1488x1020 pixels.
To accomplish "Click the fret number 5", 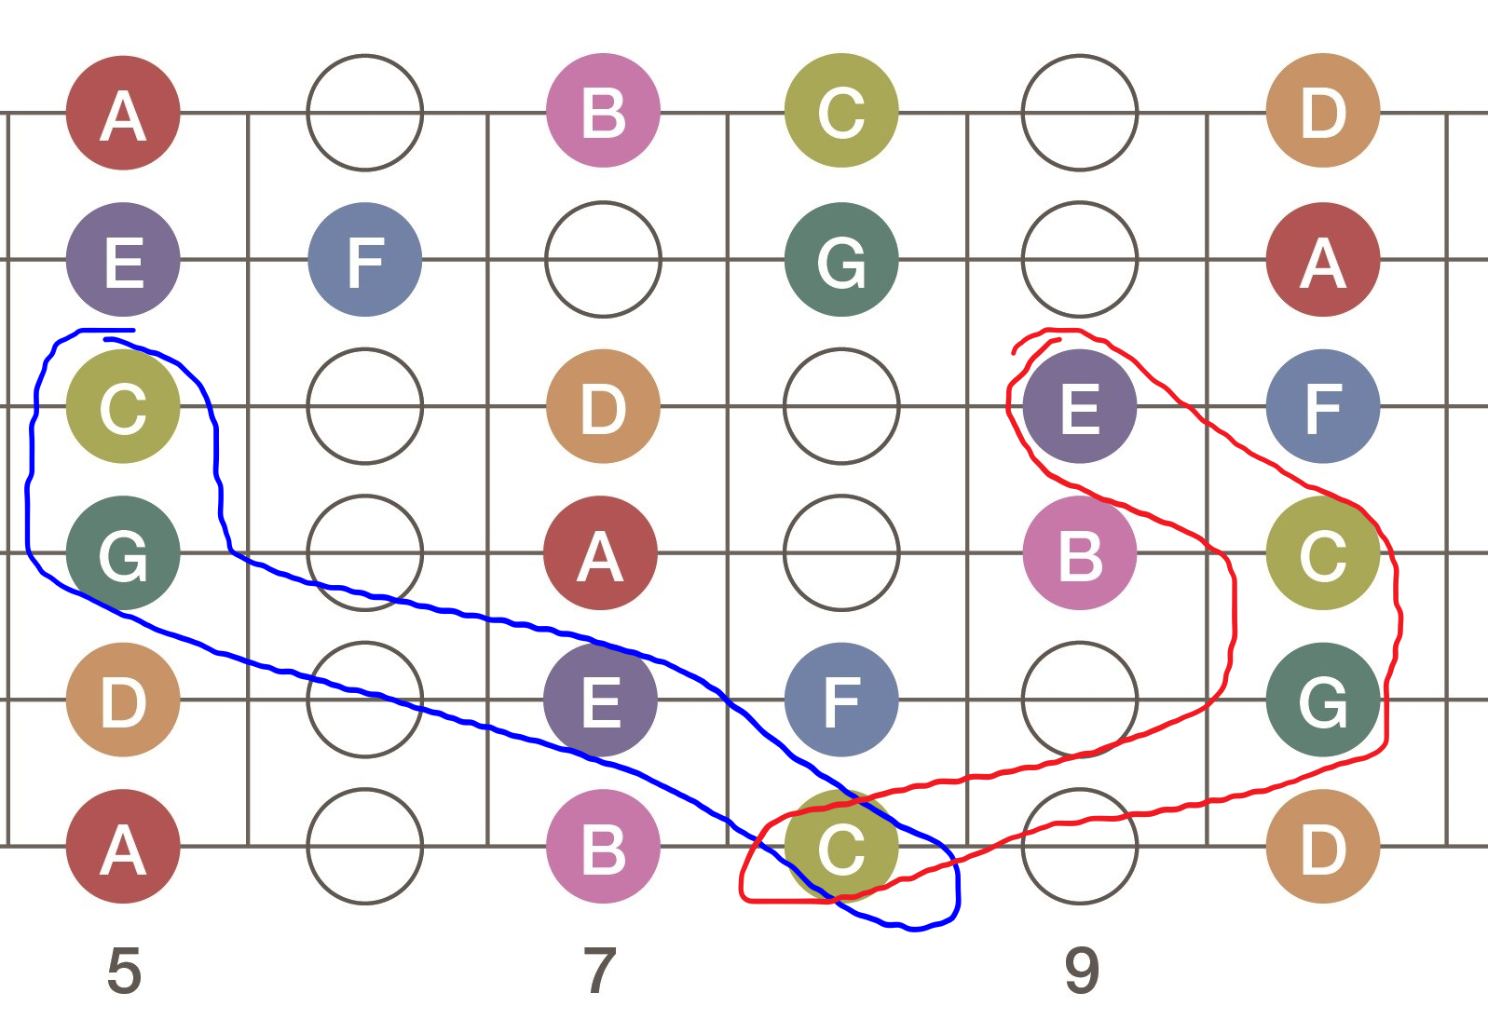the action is pyautogui.click(x=124, y=971).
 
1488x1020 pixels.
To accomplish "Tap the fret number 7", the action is pyautogui.click(x=600, y=971).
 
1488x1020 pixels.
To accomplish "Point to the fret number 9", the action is pyautogui.click(x=1082, y=971).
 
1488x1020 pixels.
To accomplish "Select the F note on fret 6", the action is pyautogui.click(x=365, y=260).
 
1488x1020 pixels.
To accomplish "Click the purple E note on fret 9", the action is pyautogui.click(x=1080, y=406).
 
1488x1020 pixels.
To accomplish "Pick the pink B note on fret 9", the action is pyautogui.click(x=1080, y=553).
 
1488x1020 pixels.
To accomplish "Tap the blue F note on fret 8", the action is pyautogui.click(x=841, y=700).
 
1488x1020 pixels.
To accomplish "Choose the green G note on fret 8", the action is pyautogui.click(x=841, y=260).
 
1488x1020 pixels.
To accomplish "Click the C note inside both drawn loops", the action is pyautogui.click(x=841, y=847).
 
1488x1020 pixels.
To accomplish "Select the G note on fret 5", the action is pyautogui.click(x=123, y=553).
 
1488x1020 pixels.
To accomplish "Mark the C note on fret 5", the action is pyautogui.click(x=123, y=406).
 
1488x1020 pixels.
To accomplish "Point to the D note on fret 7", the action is pyautogui.click(x=603, y=406).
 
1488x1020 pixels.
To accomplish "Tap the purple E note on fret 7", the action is pyautogui.click(x=601, y=700).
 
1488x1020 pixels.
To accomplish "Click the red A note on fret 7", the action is pyautogui.click(x=601, y=553).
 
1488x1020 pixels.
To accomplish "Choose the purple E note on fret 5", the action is pyautogui.click(x=123, y=260).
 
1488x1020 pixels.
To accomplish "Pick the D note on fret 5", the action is pyautogui.click(x=123, y=700).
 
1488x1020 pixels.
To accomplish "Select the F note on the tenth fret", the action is pyautogui.click(x=1323, y=406).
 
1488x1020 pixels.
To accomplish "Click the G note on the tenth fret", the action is pyautogui.click(x=1323, y=700).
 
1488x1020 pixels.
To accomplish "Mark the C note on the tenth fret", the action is pyautogui.click(x=1323, y=553).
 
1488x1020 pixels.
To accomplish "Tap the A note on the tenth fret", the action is pyautogui.click(x=1323, y=260).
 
